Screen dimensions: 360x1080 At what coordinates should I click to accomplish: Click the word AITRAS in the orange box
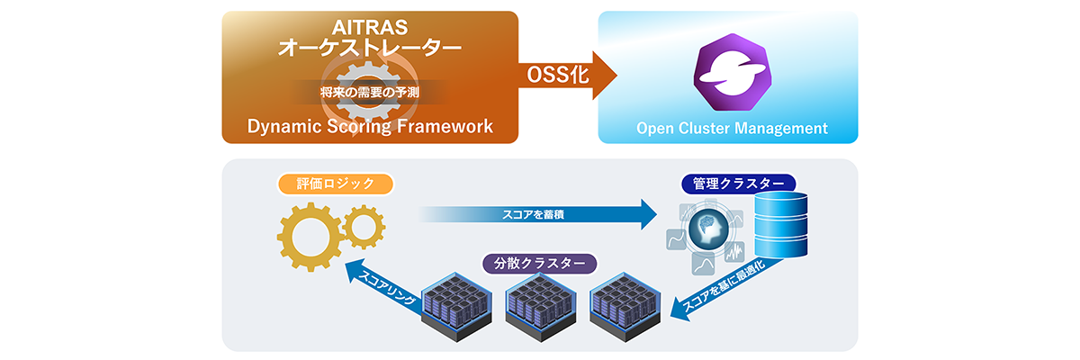pyautogui.click(x=370, y=26)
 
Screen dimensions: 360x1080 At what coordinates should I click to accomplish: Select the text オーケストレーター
pyautogui.click(x=370, y=48)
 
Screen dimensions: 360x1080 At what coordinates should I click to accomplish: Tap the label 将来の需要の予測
pyautogui.click(x=370, y=92)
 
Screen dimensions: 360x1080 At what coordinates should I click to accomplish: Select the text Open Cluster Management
pyautogui.click(x=731, y=128)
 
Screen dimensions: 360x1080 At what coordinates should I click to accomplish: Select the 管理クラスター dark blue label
pyautogui.click(x=738, y=184)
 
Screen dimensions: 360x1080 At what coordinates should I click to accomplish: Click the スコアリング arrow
pyautogui.click(x=378, y=286)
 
